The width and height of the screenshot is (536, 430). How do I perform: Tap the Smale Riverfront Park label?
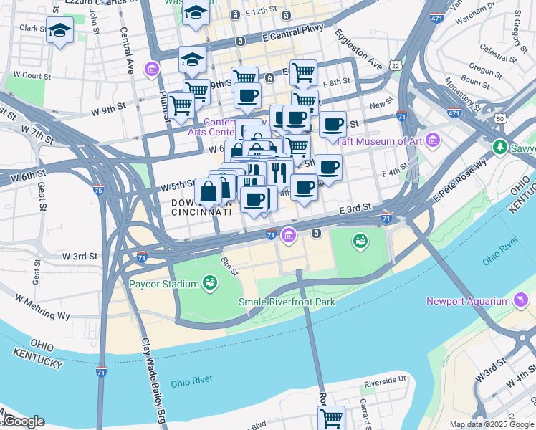click(x=287, y=302)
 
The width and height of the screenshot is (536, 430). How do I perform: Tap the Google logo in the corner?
click(x=23, y=421)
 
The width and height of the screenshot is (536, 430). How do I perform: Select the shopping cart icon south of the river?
click(x=331, y=417)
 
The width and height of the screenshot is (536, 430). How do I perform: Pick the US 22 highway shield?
click(x=396, y=65)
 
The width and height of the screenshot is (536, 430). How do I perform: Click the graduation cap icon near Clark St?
click(x=60, y=31)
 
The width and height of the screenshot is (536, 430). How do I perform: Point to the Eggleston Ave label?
click(x=357, y=48)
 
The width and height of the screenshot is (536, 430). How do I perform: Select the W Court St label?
click(x=32, y=75)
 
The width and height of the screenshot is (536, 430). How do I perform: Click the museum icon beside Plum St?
click(x=151, y=70)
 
